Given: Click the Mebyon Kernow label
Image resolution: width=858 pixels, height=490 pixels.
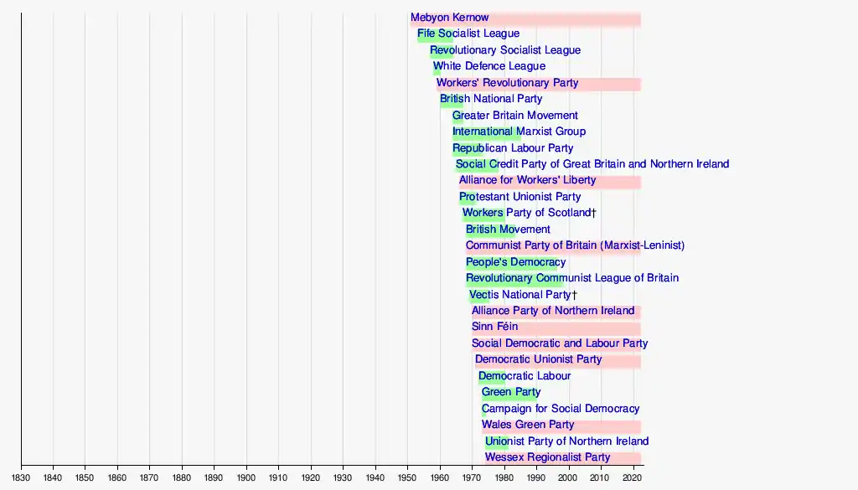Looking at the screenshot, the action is pos(449,18).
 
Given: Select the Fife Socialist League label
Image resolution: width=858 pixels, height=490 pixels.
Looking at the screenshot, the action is pos(468,34).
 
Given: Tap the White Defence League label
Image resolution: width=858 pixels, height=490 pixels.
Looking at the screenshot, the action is pos(489,66).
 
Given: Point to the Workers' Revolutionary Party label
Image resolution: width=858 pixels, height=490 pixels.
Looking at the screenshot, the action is pos(507,83).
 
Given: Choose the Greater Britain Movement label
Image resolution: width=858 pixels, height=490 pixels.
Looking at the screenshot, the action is pos(515,116).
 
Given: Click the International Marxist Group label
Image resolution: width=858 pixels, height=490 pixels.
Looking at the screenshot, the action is pos(519,132).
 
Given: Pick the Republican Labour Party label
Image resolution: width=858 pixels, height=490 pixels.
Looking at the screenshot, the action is pos(513,148).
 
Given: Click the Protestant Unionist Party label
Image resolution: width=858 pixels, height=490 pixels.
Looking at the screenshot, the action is pos(519,197).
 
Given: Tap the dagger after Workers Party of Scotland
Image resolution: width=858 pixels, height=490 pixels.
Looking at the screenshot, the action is pos(594,213).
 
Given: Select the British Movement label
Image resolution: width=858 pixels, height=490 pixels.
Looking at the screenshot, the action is pos(508,230).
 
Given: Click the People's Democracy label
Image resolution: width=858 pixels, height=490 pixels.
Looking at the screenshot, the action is pos(515,262).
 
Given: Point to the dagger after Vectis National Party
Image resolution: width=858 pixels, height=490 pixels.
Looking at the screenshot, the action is pos(574,295).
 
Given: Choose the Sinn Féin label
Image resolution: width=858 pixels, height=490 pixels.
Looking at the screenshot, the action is pos(494,327).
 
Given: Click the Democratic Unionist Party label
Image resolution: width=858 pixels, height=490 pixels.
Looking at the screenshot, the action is pos(538,359).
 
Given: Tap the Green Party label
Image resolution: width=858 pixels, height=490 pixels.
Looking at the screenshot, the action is pos(510,392).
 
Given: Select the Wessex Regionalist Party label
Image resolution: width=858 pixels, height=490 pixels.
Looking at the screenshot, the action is pos(547,457).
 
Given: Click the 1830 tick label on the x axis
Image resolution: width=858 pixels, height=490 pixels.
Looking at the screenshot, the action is pos(21,478).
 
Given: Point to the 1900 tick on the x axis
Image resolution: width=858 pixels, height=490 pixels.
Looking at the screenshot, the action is pos(246,467).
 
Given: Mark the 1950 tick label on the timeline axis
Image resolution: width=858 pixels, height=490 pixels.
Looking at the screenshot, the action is pos(408,478).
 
